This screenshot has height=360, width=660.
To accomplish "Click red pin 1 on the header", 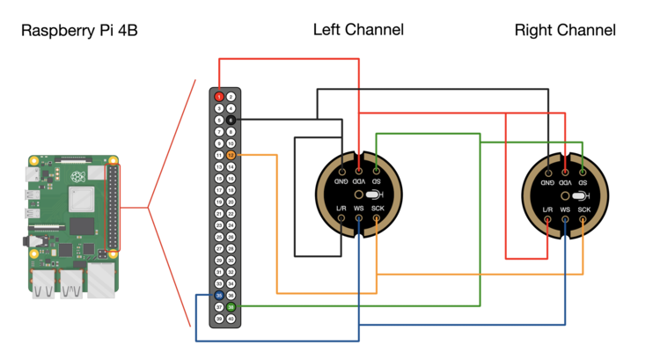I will [x=219, y=96].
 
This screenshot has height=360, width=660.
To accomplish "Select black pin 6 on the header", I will [x=231, y=120].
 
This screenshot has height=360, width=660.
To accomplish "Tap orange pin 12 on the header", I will [x=231, y=155].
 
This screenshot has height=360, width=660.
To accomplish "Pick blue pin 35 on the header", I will [x=219, y=295].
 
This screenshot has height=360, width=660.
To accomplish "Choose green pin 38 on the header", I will [x=231, y=306].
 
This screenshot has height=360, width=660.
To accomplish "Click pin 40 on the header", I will [x=231, y=318].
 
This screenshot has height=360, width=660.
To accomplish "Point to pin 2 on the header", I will [x=231, y=96].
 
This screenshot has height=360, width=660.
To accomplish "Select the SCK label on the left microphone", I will [x=377, y=209].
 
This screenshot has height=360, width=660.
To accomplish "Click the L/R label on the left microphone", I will [x=341, y=209].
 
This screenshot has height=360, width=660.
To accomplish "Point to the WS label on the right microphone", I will [x=565, y=209].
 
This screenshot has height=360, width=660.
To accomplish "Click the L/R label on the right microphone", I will [x=547, y=209].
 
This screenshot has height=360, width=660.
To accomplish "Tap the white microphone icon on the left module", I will [x=372, y=194].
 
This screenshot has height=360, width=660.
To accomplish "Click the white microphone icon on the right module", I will [x=578, y=195].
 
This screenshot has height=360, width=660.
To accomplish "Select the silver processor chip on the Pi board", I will [x=81, y=202].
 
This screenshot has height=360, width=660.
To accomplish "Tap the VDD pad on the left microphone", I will [x=358, y=169].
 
